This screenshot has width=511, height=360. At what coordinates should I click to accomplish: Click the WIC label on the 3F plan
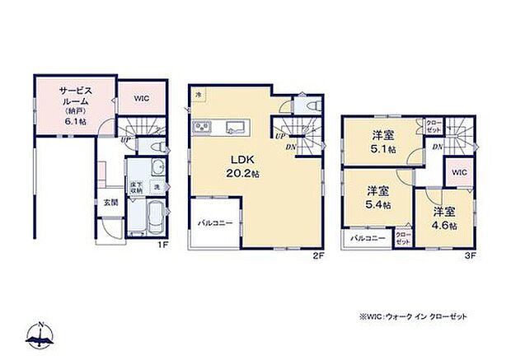[459, 173]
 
